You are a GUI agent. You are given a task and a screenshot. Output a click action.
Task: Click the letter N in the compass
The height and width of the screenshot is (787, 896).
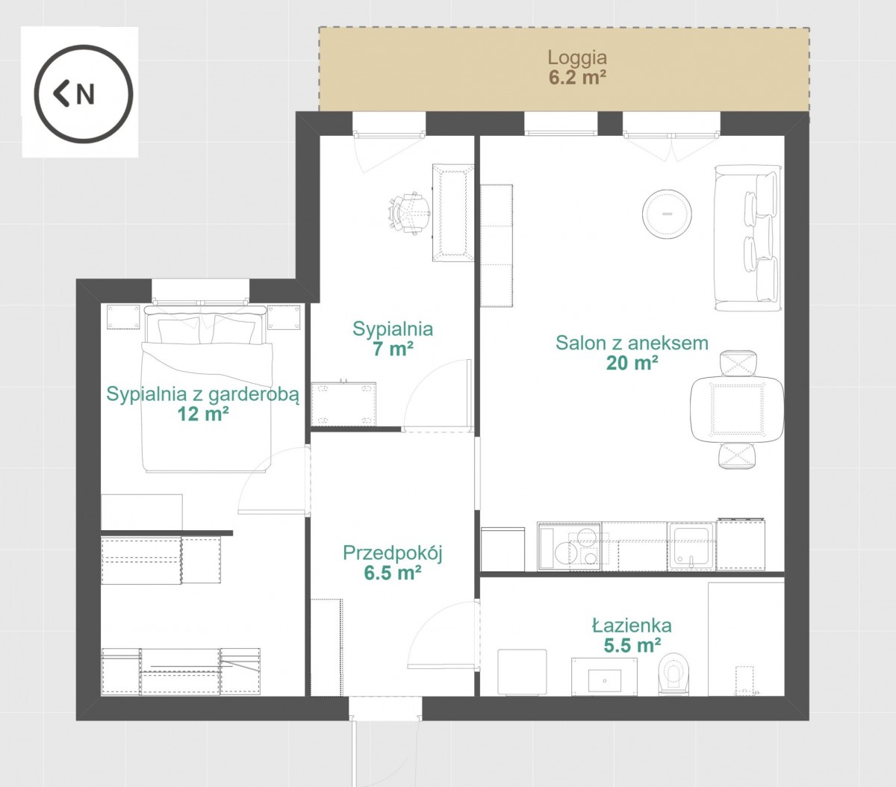point(85,94)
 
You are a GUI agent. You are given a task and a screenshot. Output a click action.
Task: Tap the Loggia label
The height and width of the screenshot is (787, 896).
point(577,57)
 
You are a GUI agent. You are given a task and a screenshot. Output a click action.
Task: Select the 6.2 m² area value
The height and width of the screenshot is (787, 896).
point(577,78)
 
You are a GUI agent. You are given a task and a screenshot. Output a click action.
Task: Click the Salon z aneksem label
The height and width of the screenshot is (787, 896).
point(632,343)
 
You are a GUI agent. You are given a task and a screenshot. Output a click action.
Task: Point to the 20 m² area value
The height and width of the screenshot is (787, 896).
point(632,363)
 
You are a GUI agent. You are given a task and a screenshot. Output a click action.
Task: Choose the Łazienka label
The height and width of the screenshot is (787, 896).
point(632,626)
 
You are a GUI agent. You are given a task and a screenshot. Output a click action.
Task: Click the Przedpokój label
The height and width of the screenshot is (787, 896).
point(393,553)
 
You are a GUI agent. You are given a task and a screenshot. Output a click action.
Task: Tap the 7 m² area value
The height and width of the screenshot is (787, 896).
point(393,349)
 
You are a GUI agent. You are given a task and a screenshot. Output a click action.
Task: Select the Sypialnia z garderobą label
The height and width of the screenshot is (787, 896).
point(203,394)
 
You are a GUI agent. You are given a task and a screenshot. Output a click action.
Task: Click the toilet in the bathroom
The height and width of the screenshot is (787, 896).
point(673,674)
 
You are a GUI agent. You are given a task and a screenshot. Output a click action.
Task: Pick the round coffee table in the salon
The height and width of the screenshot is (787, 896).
point(667,214)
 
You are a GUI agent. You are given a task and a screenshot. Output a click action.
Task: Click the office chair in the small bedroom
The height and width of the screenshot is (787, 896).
point(409,214)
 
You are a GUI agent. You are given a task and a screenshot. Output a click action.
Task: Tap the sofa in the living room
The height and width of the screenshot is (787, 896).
point(747,237)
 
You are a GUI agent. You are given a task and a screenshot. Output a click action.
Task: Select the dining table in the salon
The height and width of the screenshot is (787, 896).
point(737,408)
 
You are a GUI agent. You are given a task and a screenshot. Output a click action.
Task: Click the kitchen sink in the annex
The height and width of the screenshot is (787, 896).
point(691,547)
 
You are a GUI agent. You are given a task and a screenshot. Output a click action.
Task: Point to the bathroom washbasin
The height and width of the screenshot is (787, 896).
point(604,676)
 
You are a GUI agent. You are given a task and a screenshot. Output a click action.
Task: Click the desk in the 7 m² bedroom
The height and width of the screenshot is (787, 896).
point(453,213)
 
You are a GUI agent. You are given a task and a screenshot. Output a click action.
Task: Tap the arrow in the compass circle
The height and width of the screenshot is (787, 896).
point(61,94)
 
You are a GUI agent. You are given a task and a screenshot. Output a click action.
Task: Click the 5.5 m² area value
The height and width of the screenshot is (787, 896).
point(632,645)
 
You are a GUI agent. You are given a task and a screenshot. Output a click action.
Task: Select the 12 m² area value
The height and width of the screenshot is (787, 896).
point(203,414)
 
